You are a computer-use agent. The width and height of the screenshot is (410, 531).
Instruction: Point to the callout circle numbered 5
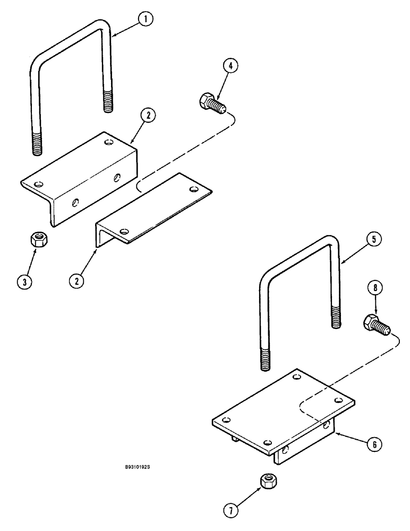(x=373, y=240)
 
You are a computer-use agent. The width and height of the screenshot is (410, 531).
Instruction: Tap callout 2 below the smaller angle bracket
(x=79, y=281)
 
